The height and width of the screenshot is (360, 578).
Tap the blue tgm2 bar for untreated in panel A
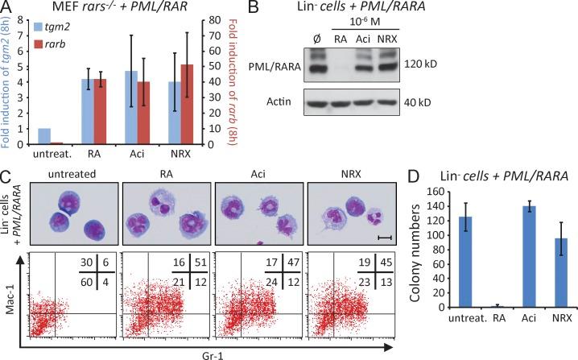pyautogui.click(x=43, y=136)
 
